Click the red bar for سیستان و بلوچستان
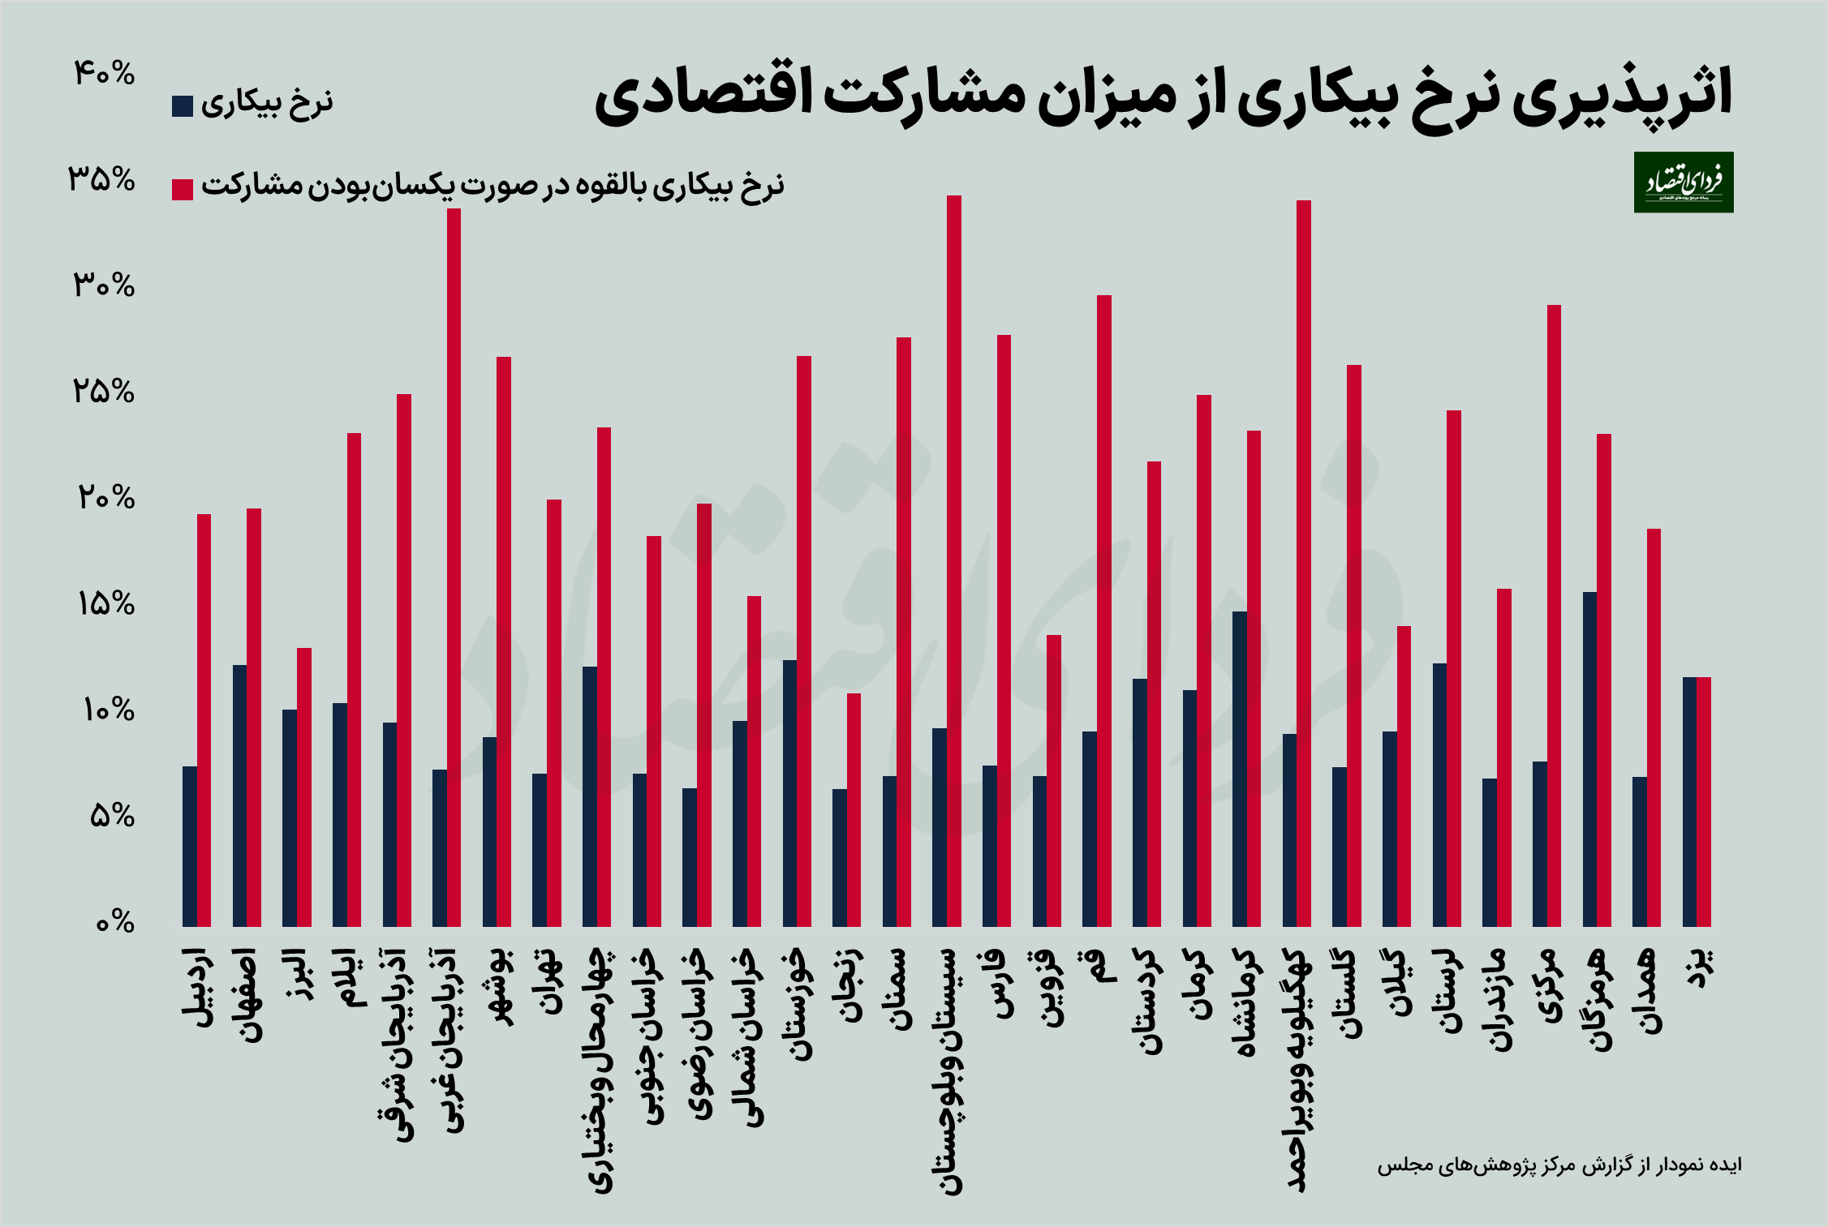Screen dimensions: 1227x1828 954,560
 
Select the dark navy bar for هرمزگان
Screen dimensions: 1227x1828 1589,759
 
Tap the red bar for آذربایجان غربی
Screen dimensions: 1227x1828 454,568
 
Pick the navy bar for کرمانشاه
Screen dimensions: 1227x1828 1240,769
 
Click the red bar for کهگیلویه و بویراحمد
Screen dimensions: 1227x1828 1304,563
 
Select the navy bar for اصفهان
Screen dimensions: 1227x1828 239,796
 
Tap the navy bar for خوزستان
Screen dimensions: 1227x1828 789,793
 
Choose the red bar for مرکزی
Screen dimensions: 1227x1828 1554,616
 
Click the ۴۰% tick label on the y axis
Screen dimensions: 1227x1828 104,74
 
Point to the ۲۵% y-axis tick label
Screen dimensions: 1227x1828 104,392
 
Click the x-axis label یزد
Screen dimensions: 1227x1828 1697,967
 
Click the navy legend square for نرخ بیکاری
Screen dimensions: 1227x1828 183,106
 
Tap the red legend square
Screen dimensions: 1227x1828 183,189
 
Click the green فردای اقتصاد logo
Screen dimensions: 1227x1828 1684,182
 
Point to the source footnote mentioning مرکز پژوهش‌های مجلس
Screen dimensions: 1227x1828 1559,1165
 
